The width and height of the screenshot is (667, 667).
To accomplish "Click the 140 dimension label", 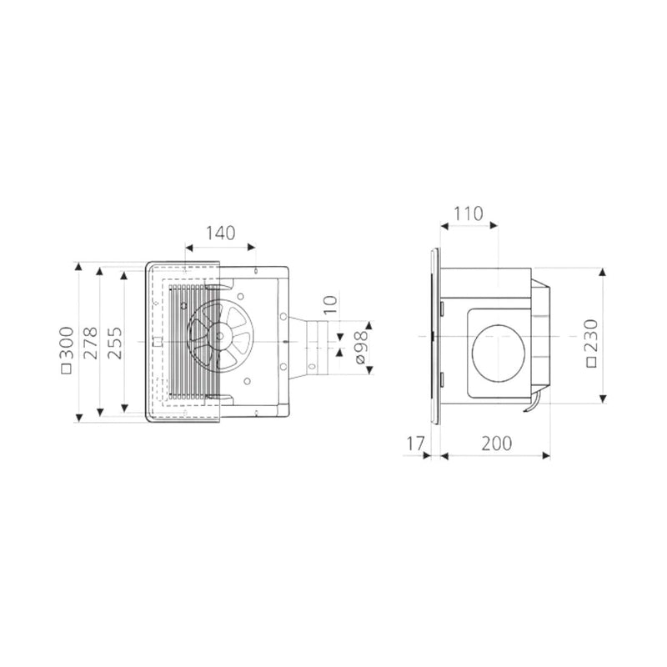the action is point(220,233).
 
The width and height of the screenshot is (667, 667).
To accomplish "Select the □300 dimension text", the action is point(67,350).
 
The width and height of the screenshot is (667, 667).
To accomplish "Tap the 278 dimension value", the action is point(90,343).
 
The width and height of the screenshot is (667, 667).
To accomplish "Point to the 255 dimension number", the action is point(114,343).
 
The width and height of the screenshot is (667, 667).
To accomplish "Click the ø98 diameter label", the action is point(361,347).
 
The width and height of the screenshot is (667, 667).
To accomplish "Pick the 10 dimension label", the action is point(330,304).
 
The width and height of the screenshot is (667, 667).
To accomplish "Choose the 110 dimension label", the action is point(468,213).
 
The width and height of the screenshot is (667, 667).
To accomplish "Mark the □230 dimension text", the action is point(591,343).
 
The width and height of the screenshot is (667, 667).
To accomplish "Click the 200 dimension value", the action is point(496,444).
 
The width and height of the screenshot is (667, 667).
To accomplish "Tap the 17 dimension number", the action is point(415,444).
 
